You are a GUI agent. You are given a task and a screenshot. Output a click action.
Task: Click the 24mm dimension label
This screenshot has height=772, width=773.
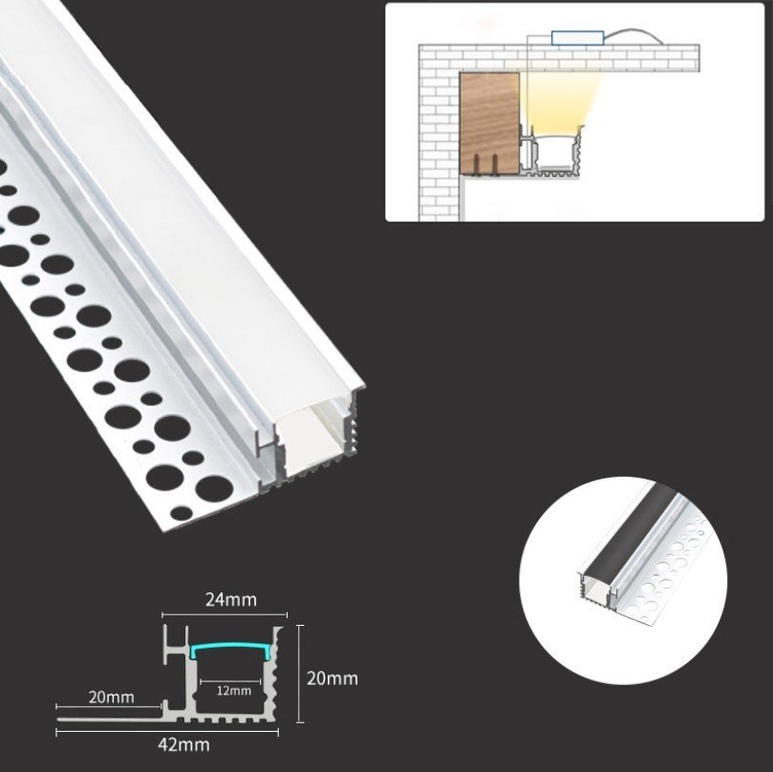click(231, 599)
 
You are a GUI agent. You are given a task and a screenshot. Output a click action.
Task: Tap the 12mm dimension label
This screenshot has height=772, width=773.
click(234, 691)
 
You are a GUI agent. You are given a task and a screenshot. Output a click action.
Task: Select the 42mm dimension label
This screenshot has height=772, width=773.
click(183, 744)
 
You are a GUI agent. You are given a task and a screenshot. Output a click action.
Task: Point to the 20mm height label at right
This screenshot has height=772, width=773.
click(333, 678)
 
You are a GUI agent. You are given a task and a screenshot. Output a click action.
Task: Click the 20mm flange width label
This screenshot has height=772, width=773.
click(112, 697)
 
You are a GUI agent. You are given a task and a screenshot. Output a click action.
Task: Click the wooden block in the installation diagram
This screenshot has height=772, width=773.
click(489, 123)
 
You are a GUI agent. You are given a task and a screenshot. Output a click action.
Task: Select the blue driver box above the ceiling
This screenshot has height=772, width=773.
click(577, 38)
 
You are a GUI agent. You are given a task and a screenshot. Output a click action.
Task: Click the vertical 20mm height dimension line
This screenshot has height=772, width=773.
click(300, 674)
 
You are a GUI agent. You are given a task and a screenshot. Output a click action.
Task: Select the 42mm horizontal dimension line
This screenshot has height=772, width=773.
click(167, 732)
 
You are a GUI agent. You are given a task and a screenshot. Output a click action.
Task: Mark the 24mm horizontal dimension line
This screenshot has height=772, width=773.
click(225, 614)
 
